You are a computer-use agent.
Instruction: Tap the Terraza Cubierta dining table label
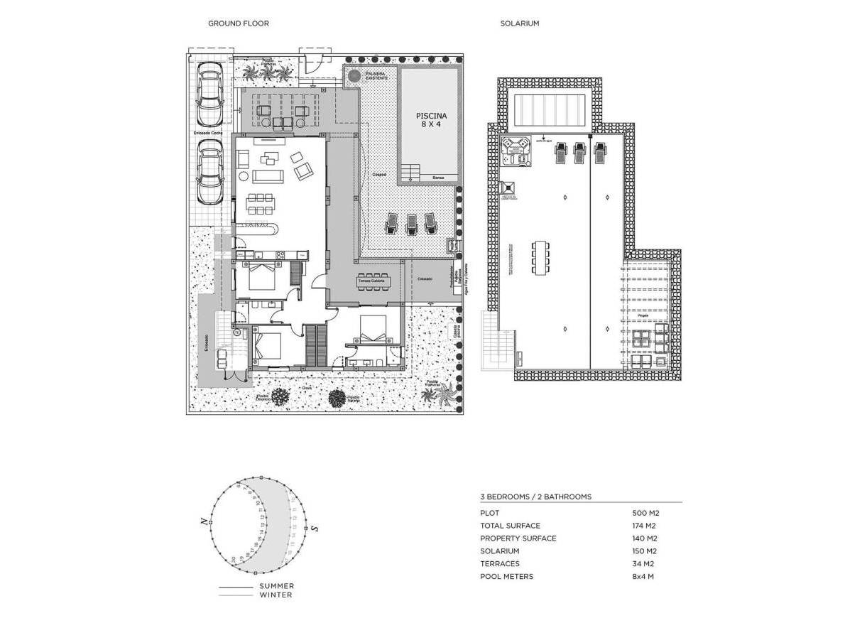(x=371, y=281)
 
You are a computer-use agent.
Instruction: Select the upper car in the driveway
(x=209, y=94)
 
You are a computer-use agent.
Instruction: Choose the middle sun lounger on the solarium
(x=580, y=152)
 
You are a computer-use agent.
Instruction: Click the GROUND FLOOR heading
(x=238, y=23)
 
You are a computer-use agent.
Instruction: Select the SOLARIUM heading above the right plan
(x=519, y=23)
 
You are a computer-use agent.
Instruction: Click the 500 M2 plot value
(x=645, y=513)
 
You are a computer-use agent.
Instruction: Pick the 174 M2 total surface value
(x=644, y=526)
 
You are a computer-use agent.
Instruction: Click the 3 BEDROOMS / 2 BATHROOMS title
(x=535, y=497)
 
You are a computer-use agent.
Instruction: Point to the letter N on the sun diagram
(x=204, y=521)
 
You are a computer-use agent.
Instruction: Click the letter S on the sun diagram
(x=315, y=528)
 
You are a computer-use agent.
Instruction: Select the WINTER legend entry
(x=275, y=595)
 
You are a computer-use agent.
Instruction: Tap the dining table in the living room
(x=261, y=204)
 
